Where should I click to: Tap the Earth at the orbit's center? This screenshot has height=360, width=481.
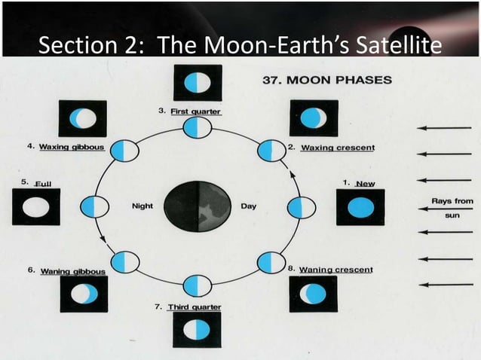click(197, 206)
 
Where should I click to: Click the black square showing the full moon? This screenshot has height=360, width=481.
click(35, 207)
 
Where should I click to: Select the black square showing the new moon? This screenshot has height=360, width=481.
click(360, 207)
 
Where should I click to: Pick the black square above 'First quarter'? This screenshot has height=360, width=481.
click(197, 83)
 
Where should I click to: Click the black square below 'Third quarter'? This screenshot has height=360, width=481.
click(197, 330)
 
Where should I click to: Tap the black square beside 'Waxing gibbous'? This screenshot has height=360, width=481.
click(83, 118)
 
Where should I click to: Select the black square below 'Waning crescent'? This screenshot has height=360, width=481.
click(313, 294)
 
